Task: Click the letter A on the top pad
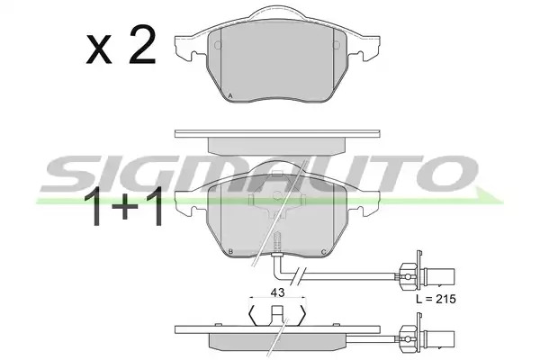pos(230,96)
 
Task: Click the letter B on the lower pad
pos(230,252)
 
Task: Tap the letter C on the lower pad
pos(323,252)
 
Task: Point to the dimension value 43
pos(277,292)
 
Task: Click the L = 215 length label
pos(436,299)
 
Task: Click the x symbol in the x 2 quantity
pos(99,50)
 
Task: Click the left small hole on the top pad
pos(218,45)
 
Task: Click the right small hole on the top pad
pos(337,45)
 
